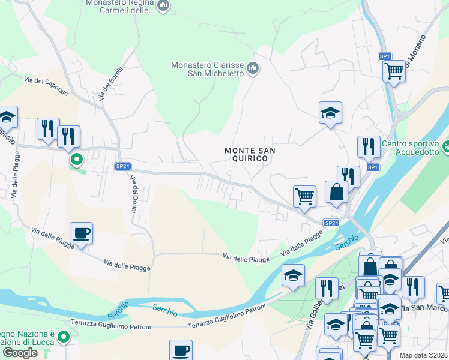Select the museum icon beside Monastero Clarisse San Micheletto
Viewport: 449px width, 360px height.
tap(253, 68)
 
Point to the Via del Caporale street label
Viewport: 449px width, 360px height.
tap(47, 81)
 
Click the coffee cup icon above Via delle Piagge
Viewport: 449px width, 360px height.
tap(81, 232)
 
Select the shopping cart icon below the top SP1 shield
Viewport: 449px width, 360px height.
tap(394, 71)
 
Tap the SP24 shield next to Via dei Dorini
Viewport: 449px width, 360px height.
tap(122, 166)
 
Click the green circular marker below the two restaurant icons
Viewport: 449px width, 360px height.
tap(76, 160)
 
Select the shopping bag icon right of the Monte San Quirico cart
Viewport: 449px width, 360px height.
tap(336, 192)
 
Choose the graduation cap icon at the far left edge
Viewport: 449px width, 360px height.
tap(7, 116)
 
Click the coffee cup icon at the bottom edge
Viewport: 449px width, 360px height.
tap(180, 350)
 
